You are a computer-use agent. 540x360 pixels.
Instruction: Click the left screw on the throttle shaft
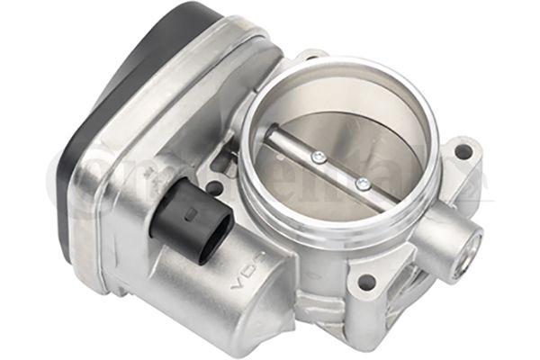[317, 158]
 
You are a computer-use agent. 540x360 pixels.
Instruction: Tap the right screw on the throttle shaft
[363, 184]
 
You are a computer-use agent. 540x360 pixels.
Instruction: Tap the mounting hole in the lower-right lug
[366, 283]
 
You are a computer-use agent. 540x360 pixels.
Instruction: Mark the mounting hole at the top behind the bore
[309, 59]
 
